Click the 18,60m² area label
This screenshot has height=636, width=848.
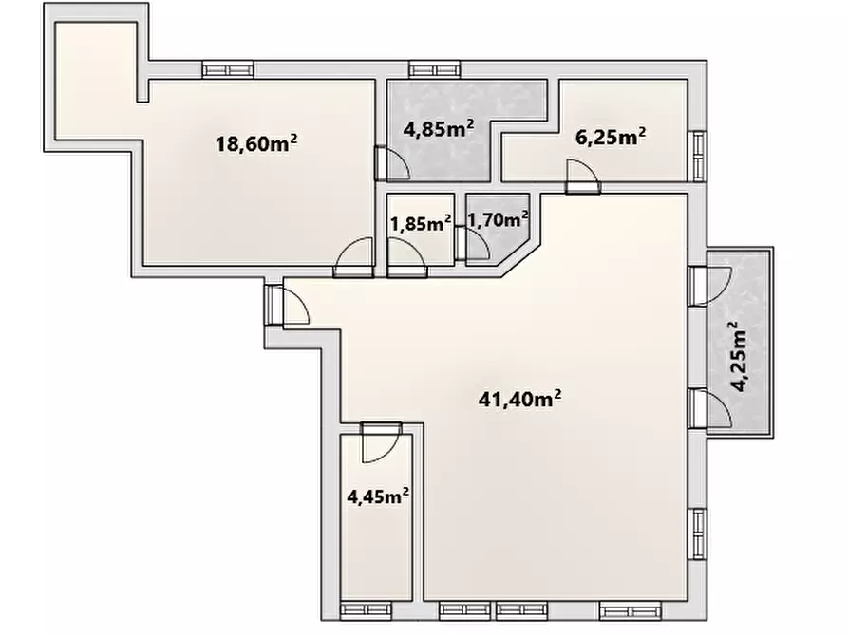tap(256, 143)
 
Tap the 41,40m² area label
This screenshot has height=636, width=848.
tap(519, 399)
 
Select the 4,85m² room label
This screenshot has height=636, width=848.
tap(439, 129)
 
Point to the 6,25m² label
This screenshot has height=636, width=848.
tap(611, 137)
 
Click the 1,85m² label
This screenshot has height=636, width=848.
tap(421, 223)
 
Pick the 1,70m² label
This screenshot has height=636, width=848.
tap(498, 219)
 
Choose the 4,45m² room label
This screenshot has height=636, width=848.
tap(378, 496)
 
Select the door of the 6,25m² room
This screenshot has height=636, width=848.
tap(583, 177)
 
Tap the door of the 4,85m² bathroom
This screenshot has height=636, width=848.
tap(392, 163)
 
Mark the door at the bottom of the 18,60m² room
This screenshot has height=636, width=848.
tap(353, 258)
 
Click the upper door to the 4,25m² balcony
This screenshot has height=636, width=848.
tap(710, 286)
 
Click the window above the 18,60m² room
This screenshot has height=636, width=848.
tap(228, 69)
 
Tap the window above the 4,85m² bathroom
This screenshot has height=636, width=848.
tap(435, 69)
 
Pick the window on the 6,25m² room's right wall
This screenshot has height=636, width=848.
tap(698, 157)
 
